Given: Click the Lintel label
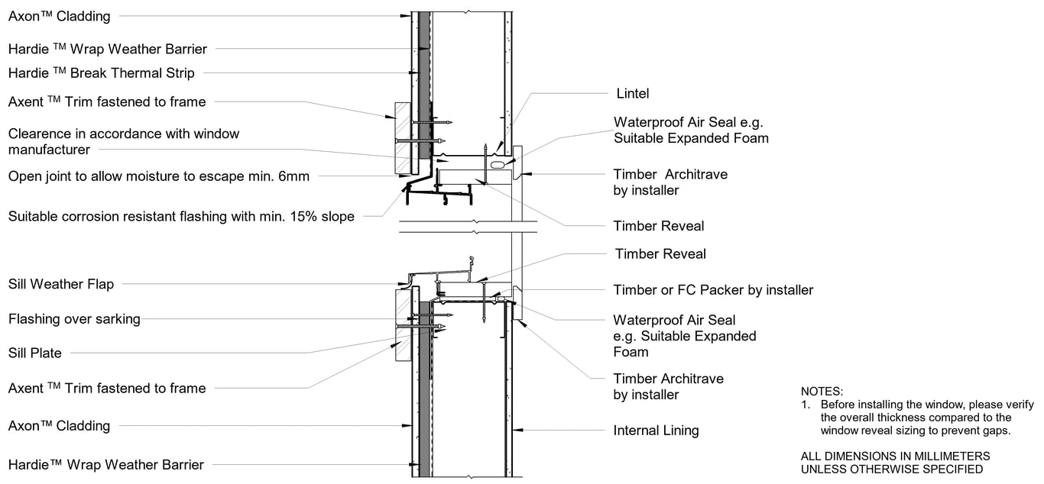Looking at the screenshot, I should coord(632,94).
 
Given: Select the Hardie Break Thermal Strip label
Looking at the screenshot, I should coord(101,73).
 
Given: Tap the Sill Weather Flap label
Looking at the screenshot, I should coord(61,284).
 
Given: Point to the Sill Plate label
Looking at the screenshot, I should coord(35,353).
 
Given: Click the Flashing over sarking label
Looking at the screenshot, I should coord(74,319).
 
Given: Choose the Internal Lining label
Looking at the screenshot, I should coord(656,431).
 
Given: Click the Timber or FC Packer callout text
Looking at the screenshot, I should coord(713,290).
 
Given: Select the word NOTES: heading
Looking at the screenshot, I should coord(822,391).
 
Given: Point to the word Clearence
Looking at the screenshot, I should coord(37,134).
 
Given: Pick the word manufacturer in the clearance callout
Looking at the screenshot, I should coord(49,150).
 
